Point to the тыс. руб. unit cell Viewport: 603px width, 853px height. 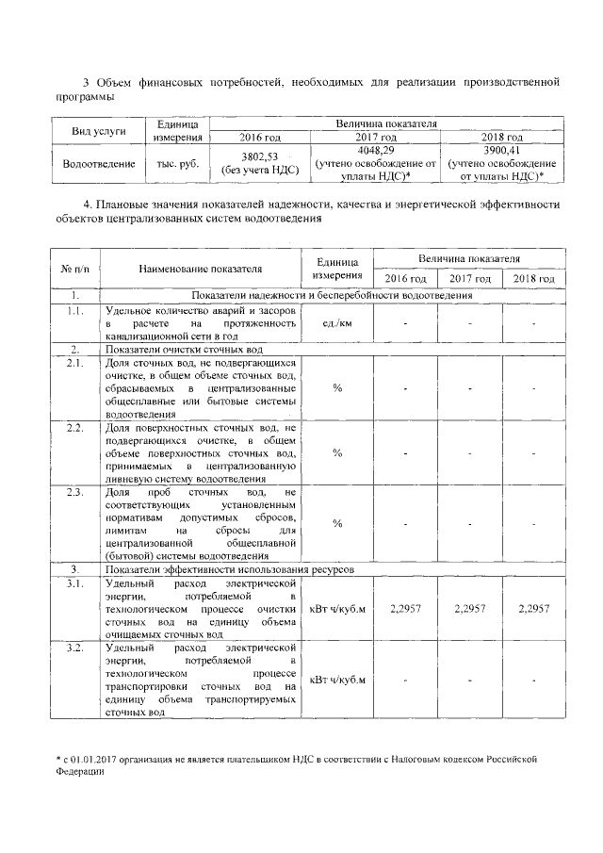coord(176,163)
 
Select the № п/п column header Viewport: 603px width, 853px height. coord(73,269)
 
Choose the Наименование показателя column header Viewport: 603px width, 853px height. coord(200,269)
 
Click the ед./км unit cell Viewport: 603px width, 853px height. coord(337,323)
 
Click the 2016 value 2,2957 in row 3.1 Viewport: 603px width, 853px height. coord(405,610)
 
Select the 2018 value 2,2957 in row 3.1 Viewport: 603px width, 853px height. coord(533,610)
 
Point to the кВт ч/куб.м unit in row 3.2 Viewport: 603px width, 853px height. coord(337,680)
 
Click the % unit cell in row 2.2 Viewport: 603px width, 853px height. coord(337,453)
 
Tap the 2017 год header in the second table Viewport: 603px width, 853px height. coord(469,279)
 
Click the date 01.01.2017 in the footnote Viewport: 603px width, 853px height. coord(99,758)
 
